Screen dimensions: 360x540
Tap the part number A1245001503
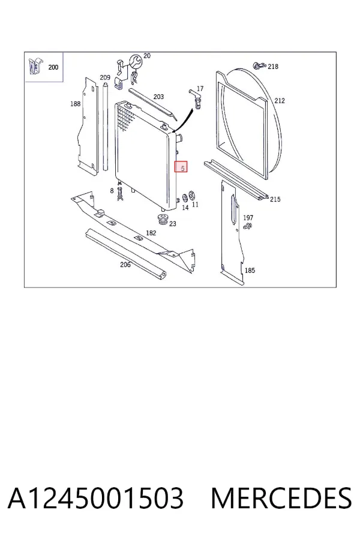(x=95, y=499)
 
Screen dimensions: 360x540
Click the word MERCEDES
(x=281, y=499)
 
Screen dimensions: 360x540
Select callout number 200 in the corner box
(x=53, y=67)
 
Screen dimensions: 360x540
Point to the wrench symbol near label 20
(x=135, y=61)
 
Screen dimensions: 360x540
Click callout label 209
(x=105, y=77)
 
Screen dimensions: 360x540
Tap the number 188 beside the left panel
(x=75, y=104)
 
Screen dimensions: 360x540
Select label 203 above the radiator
(x=158, y=97)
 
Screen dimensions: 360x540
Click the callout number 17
(x=200, y=89)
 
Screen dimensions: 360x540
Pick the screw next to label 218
(x=259, y=65)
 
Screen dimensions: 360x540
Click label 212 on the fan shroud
(x=280, y=101)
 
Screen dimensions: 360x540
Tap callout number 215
(x=275, y=199)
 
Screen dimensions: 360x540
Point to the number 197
(x=248, y=218)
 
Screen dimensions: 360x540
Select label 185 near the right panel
(x=250, y=271)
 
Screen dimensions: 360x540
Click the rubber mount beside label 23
(x=162, y=220)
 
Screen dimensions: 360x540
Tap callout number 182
(x=151, y=233)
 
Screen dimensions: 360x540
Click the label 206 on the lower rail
(x=125, y=265)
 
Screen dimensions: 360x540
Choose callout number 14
(x=185, y=208)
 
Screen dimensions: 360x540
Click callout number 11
(x=196, y=205)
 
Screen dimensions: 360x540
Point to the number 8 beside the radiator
(x=112, y=191)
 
